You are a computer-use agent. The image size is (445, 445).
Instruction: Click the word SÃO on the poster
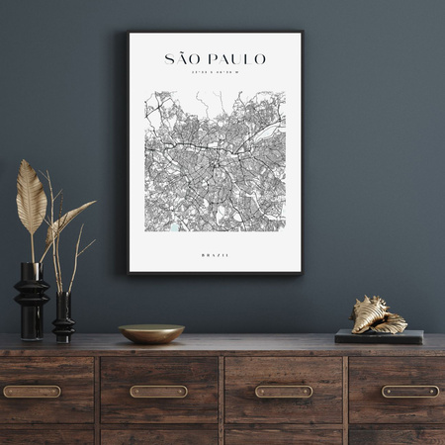tap(183, 59)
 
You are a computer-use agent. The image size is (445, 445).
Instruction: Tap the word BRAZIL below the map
tap(215, 255)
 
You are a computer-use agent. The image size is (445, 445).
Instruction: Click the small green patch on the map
tap(175, 227)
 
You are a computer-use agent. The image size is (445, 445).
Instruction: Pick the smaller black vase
tap(63, 317)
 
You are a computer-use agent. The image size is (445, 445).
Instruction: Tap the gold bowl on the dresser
tap(151, 333)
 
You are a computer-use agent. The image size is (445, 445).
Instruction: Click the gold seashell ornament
tap(378, 316)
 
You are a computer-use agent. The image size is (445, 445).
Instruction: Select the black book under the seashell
tap(379, 336)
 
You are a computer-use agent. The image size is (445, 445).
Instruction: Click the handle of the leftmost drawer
tap(32, 392)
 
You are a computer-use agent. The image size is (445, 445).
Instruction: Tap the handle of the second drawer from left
tap(158, 392)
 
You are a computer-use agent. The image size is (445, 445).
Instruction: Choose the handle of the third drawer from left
tap(284, 392)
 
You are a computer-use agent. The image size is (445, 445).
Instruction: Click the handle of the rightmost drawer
tap(409, 392)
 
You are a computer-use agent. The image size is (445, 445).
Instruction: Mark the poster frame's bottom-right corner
tap(302, 273)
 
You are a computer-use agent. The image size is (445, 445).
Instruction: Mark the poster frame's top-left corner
tap(128, 33)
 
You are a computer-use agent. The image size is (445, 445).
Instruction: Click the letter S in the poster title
tap(169, 59)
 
